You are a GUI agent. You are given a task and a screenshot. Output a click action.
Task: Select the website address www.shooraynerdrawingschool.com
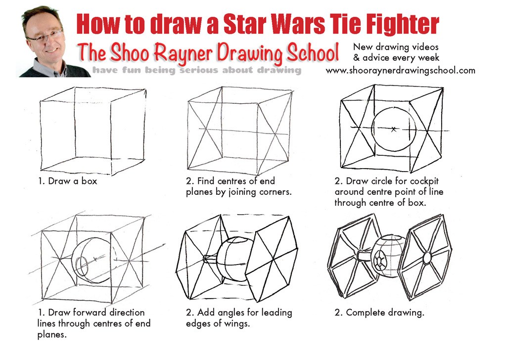click(x=400, y=71)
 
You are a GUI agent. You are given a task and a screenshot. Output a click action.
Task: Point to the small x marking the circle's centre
click(x=393, y=129)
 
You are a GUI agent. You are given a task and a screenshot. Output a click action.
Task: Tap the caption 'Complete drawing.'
click(x=385, y=313)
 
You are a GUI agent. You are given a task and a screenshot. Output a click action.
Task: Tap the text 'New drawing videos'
click(x=396, y=46)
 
